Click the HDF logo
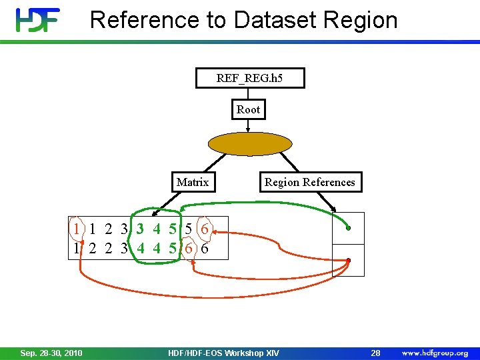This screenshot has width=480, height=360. (x=38, y=20)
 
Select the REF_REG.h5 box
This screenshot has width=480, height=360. (x=249, y=78)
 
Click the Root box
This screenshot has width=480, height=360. (x=248, y=109)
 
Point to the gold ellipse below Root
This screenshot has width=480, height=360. (x=250, y=143)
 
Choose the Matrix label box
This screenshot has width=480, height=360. (x=193, y=182)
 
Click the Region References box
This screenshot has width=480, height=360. (x=310, y=182)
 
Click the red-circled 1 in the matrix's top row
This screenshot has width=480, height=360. (x=77, y=229)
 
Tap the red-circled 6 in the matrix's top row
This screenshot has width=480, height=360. (x=205, y=229)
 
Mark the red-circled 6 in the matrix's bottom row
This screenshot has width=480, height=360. (x=189, y=248)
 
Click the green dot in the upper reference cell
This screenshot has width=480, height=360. (x=348, y=229)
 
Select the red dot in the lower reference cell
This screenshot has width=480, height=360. (x=348, y=260)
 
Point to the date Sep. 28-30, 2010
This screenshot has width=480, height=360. (x=51, y=353)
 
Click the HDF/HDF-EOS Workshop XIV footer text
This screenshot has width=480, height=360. (x=224, y=353)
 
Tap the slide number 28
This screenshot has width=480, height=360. (x=375, y=353)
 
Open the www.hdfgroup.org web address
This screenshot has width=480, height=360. (x=435, y=353)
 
